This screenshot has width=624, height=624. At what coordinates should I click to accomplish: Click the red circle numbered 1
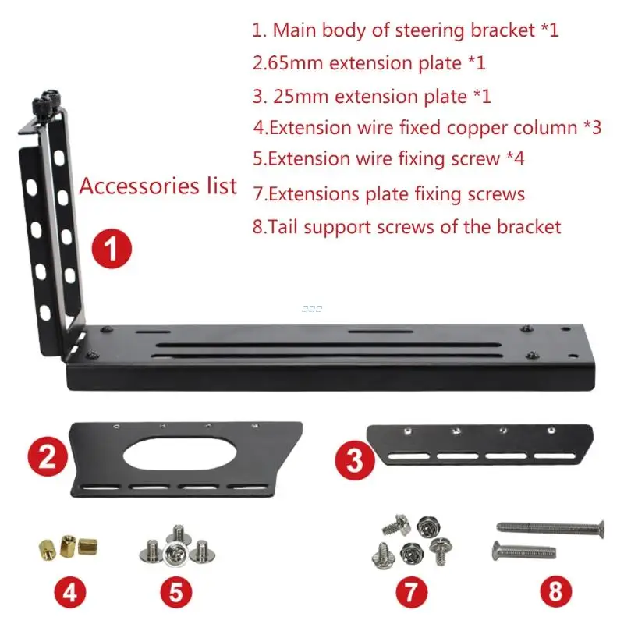tap(111, 250)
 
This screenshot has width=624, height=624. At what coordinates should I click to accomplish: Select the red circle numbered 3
tap(355, 460)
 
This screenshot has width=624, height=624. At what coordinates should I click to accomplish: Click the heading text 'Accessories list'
tap(158, 186)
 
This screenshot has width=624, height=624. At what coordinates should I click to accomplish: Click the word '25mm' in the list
tap(300, 97)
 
